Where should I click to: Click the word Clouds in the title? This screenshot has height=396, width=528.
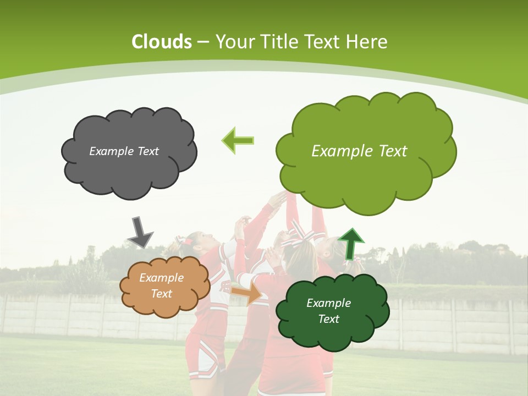(x=162, y=42)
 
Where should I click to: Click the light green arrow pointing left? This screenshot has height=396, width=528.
(x=238, y=140)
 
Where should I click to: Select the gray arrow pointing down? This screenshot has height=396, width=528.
(x=140, y=232)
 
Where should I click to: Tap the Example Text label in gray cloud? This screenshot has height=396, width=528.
(x=124, y=151)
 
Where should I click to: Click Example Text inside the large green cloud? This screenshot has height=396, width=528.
(x=359, y=151)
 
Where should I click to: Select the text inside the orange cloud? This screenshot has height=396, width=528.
(x=161, y=286)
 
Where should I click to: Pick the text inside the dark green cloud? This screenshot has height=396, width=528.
(x=328, y=311)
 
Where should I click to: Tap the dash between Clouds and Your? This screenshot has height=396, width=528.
(x=203, y=42)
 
